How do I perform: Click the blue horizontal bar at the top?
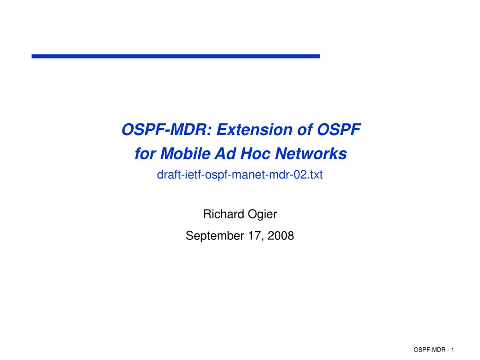[x=175, y=56]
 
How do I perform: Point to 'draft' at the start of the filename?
[x=166, y=175]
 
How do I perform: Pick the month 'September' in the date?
[x=214, y=236]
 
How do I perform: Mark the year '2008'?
[x=281, y=236]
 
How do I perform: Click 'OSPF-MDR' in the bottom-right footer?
[x=428, y=350]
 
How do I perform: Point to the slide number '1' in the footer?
[x=453, y=350]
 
